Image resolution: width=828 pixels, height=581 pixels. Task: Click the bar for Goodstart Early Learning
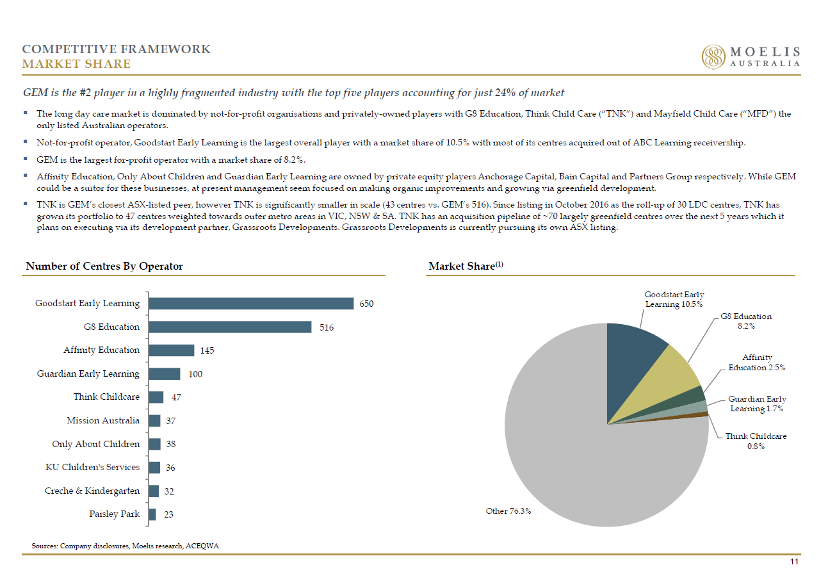point(251,304)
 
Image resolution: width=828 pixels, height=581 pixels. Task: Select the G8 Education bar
point(230,327)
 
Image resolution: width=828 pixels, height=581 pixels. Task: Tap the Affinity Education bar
point(172,350)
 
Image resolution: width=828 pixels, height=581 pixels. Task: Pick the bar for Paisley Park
point(152,514)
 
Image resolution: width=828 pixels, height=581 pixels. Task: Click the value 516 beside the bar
point(327,328)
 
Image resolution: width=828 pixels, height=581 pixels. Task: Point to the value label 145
point(207,350)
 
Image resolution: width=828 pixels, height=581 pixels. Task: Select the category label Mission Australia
point(103,420)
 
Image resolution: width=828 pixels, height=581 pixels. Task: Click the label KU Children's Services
point(92,468)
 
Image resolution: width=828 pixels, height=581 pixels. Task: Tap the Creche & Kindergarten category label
point(92,491)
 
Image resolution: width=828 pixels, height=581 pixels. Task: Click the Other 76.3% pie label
point(508,511)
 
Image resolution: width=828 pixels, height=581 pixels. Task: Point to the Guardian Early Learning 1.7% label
point(757,404)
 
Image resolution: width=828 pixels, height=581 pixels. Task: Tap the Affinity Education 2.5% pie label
point(757,363)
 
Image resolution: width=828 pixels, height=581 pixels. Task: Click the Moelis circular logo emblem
point(713,57)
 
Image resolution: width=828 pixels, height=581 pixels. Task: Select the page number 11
point(794,562)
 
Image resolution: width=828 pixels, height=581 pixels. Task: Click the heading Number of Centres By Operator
point(104,266)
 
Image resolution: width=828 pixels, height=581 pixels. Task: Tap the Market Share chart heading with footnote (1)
point(466,266)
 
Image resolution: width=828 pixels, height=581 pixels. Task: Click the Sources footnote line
point(126,546)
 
